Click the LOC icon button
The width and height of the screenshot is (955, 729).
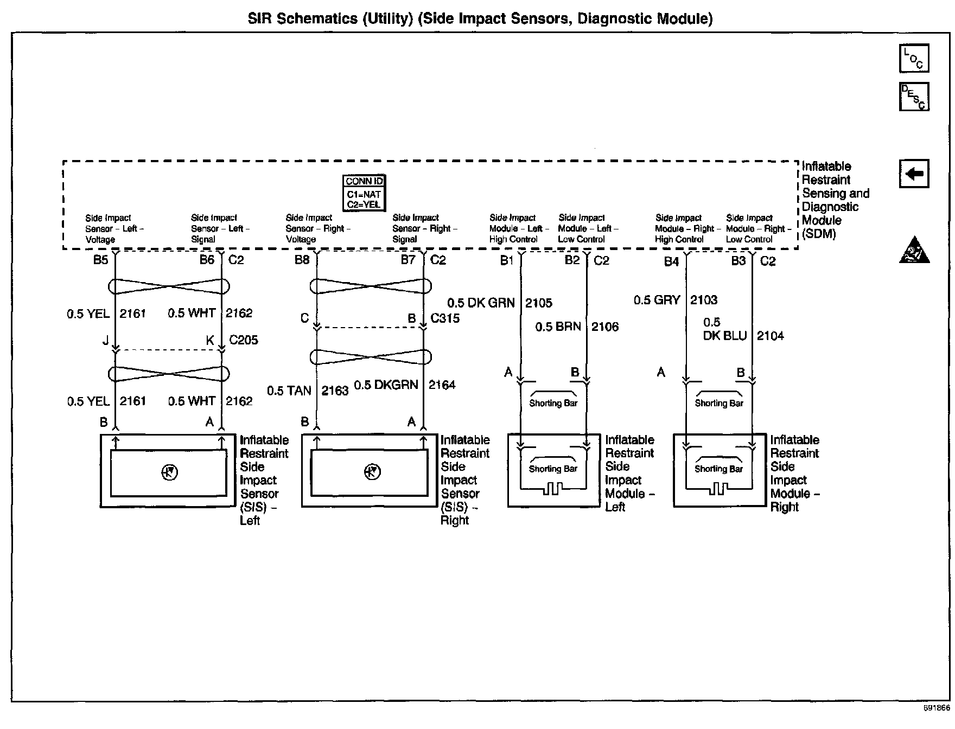coord(914,59)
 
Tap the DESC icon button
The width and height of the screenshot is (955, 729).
coord(914,97)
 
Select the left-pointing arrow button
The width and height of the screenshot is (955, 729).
coord(914,174)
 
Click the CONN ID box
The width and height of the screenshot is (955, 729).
coord(364,193)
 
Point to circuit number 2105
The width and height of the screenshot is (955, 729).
coord(539,303)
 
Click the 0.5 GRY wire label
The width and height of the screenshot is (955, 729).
coord(657,300)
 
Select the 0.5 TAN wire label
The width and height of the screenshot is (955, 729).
coord(289,391)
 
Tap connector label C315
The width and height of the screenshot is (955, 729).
coord(445,318)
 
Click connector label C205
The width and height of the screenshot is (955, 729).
coord(244,340)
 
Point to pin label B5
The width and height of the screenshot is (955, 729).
coord(100,260)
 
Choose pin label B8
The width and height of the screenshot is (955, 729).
coord(302,260)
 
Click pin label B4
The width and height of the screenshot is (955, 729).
coord(671,261)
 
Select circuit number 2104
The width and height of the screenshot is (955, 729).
coord(771,336)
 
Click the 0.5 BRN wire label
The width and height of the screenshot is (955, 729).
coord(558,327)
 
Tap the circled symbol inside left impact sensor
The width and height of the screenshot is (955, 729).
coord(169,473)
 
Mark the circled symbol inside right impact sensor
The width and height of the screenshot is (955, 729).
coord(372,472)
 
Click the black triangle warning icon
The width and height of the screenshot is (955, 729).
coord(914,251)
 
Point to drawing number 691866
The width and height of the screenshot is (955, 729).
coord(937,708)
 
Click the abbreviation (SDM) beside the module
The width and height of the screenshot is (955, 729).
coord(819,234)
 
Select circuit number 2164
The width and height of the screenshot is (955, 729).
coord(442,385)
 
